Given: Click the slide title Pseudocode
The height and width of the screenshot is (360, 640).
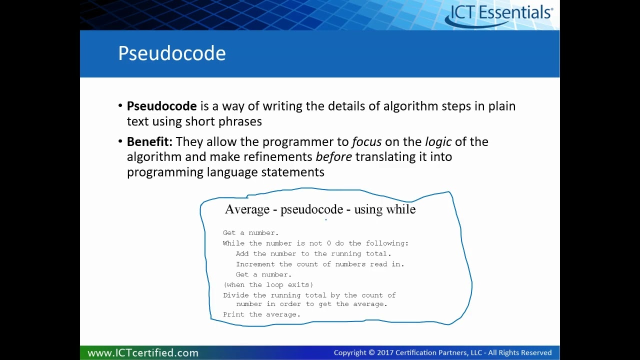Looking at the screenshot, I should click(171, 53).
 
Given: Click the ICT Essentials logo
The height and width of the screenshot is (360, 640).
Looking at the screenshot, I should click(500, 14).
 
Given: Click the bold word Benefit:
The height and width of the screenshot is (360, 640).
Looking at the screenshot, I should click(149, 141).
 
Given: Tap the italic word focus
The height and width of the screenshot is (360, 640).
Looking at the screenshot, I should click(366, 141).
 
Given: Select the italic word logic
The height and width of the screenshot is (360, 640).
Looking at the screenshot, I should click(438, 141).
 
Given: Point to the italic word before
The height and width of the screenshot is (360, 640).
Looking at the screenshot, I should click(333, 157).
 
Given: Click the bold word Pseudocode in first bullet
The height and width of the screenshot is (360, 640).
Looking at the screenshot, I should click(161, 106).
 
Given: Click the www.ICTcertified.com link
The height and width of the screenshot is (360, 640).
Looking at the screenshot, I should click(143, 352).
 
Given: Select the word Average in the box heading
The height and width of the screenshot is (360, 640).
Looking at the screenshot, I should click(247, 209).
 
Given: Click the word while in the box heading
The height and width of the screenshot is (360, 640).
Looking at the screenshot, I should click(400, 209).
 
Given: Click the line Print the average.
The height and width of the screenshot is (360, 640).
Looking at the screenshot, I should click(261, 314).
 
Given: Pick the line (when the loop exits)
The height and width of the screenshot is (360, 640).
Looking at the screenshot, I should click(268, 284).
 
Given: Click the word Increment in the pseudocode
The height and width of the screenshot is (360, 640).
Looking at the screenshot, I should click(255, 264).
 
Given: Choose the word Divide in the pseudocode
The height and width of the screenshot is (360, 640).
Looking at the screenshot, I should click(235, 295).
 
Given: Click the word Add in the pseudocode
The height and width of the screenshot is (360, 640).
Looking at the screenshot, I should click(242, 254).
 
